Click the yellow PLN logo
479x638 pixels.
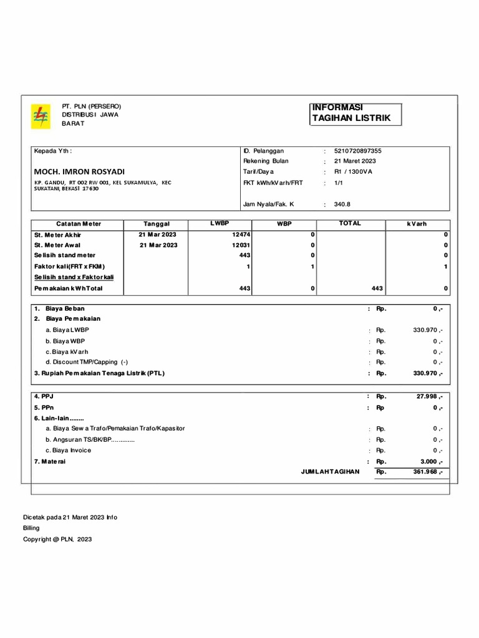pyautogui.click(x=41, y=117)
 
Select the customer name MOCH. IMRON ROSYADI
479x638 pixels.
pyautogui.click(x=79, y=171)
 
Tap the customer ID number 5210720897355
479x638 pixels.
pyautogui.click(x=358, y=151)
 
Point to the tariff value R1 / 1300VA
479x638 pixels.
pyautogui.click(x=353, y=171)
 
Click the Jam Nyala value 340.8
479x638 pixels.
pyautogui.click(x=343, y=204)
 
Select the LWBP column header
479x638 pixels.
pyautogui.click(x=220, y=223)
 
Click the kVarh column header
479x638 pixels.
pyautogui.click(x=417, y=224)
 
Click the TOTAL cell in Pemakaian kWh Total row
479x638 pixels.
pyautogui.click(x=376, y=288)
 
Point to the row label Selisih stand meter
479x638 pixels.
pyautogui.click(x=65, y=255)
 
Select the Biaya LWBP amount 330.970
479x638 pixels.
pyautogui.click(x=427, y=330)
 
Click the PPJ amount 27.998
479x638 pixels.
pyautogui.click(x=428, y=396)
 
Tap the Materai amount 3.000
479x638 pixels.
pyautogui.click(x=430, y=462)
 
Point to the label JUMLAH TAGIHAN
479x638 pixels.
pyautogui.click(x=330, y=472)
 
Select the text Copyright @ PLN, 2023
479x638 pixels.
pyautogui.click(x=57, y=540)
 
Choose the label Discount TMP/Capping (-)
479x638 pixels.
pyautogui.click(x=87, y=362)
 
